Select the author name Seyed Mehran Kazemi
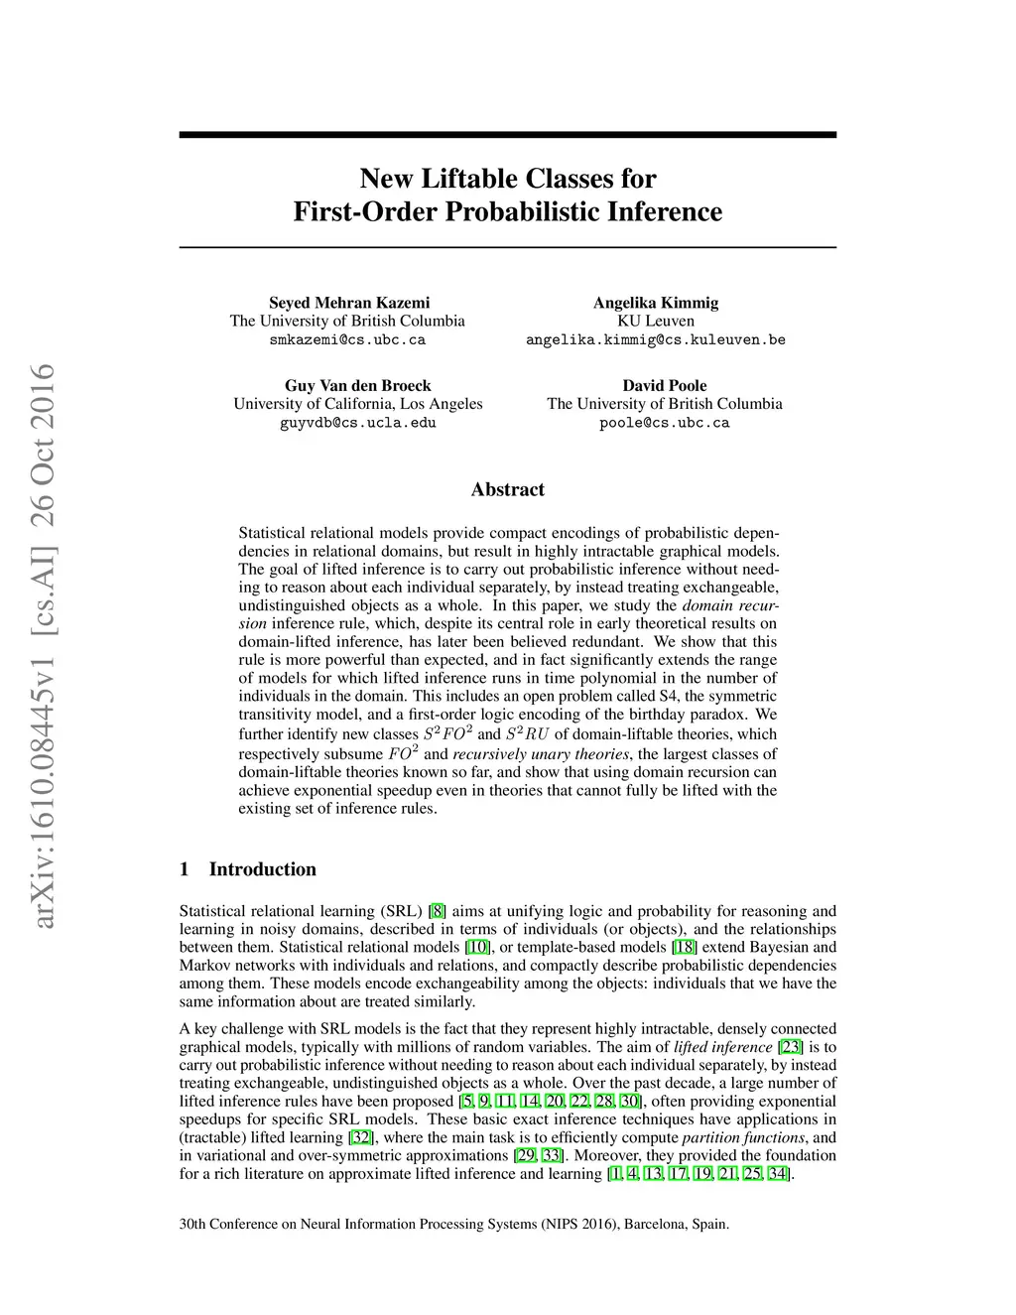349,303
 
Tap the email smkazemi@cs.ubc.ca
347,339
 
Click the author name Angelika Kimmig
656,303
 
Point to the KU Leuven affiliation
656,321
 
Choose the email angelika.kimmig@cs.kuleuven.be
656,339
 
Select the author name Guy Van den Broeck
357,385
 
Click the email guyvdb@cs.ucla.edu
357,422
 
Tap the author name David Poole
665,385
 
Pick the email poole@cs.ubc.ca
665,422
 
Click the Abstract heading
507,489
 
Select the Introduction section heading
262,869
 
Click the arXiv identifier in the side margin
43,645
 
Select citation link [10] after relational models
478,947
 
